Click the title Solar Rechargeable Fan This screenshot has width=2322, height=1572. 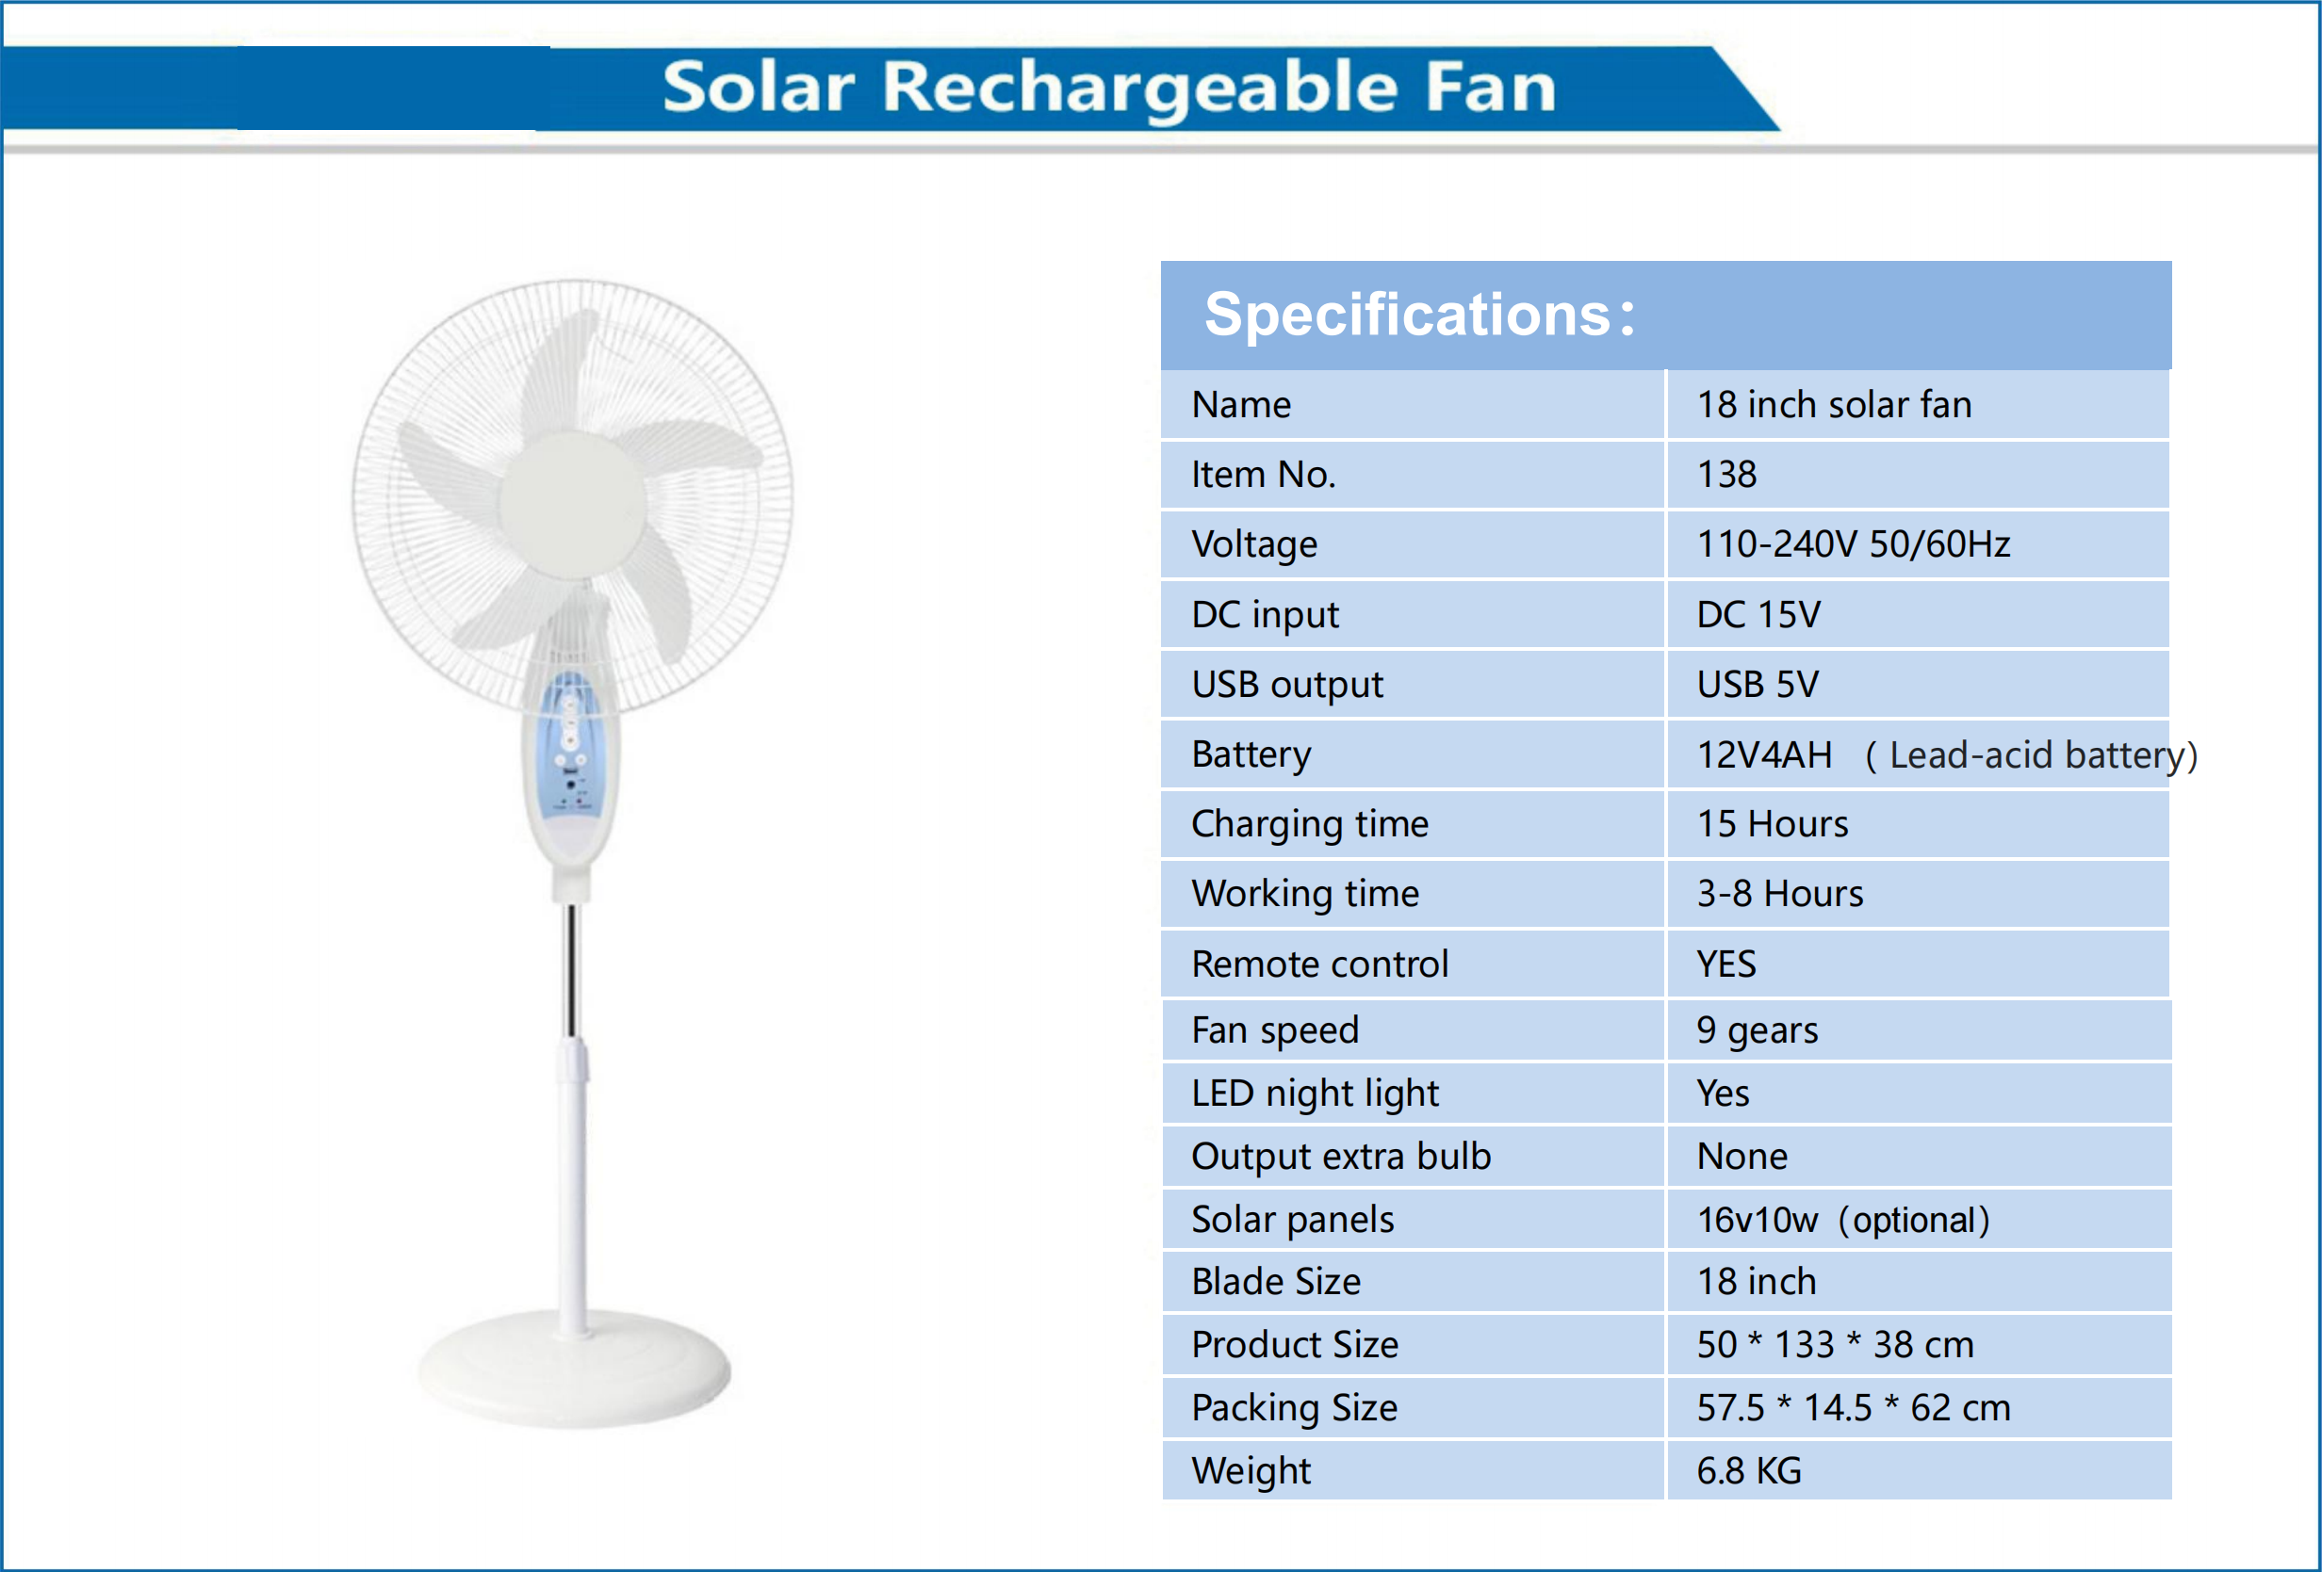pyautogui.click(x=1109, y=87)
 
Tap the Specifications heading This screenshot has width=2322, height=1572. pyautogui.click(x=1419, y=315)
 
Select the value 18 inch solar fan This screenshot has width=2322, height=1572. pyautogui.click(x=1834, y=404)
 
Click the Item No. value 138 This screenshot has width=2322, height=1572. pyautogui.click(x=1726, y=475)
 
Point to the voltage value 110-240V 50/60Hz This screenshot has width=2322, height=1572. pyautogui.click(x=1853, y=544)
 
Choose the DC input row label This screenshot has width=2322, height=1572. pyautogui.click(x=1265, y=614)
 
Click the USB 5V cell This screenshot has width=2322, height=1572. pyautogui.click(x=1758, y=684)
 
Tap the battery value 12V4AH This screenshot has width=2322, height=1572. pyautogui.click(x=1764, y=754)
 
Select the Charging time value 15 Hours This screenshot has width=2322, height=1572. pyautogui.click(x=1772, y=824)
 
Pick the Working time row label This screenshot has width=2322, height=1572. pyautogui.click(x=1305, y=894)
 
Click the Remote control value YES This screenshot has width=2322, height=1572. pyautogui.click(x=1725, y=964)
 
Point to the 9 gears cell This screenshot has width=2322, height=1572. pyautogui.click(x=1757, y=1029)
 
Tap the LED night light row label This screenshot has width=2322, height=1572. pyautogui.click(x=1315, y=1093)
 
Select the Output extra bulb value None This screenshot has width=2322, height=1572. pyautogui.click(x=1741, y=1156)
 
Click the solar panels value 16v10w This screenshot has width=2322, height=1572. pyautogui.click(x=1758, y=1220)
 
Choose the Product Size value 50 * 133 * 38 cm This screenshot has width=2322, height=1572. pyautogui.click(x=1835, y=1344)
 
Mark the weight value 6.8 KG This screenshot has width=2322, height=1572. pyautogui.click(x=1748, y=1470)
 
